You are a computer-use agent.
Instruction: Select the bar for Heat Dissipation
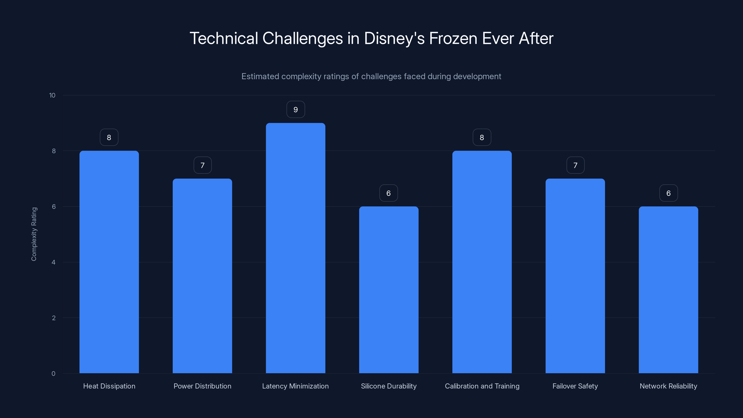click(109, 262)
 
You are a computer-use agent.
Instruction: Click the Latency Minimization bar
click(295, 248)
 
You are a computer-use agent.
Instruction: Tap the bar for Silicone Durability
click(388, 290)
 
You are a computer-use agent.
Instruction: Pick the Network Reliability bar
click(668, 290)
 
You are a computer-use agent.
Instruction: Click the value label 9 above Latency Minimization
click(295, 110)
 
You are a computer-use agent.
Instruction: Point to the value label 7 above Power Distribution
click(202, 165)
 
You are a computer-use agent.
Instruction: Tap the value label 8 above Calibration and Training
click(482, 138)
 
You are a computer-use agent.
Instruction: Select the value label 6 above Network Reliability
click(668, 193)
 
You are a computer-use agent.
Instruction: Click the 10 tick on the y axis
click(52, 95)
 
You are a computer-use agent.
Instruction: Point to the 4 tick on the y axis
click(53, 262)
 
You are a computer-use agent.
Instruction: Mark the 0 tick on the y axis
click(53, 374)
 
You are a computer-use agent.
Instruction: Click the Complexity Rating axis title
click(34, 234)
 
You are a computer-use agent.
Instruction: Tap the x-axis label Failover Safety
click(575, 386)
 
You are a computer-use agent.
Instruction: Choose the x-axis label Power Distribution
click(202, 386)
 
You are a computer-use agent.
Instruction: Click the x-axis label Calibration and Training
click(482, 386)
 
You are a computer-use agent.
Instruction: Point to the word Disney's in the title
click(394, 38)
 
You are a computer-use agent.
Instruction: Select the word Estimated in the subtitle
click(260, 76)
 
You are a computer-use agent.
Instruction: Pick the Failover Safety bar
click(575, 276)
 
